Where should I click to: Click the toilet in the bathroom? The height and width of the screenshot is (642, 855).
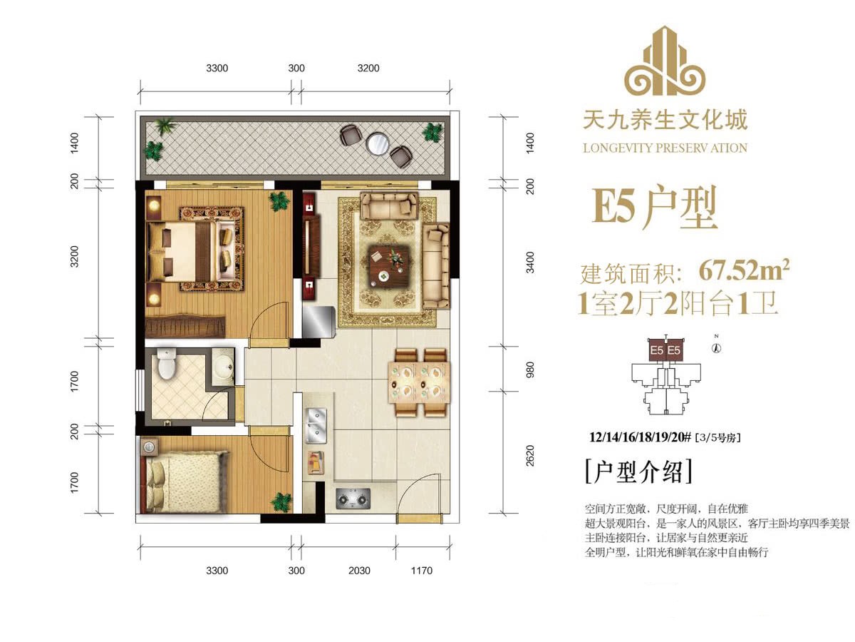167,364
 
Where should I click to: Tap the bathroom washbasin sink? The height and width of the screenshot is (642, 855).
223,367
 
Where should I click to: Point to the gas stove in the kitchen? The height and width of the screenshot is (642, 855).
353,499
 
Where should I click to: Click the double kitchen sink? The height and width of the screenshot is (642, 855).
316,425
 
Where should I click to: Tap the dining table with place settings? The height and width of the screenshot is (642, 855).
419,383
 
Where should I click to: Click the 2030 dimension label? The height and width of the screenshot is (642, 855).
359,571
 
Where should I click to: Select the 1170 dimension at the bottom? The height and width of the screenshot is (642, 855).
422,571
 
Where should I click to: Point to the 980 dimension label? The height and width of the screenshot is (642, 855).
530,370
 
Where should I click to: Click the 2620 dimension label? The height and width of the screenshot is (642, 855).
530,455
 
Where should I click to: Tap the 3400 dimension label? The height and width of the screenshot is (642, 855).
530,263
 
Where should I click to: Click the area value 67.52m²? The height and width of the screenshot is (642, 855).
745,270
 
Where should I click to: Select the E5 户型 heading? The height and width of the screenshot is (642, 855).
654,208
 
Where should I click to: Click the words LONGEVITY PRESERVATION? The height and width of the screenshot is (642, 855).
665,148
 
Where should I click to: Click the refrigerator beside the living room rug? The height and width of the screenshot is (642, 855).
318,321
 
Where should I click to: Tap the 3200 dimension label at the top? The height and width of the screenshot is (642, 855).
368,68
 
